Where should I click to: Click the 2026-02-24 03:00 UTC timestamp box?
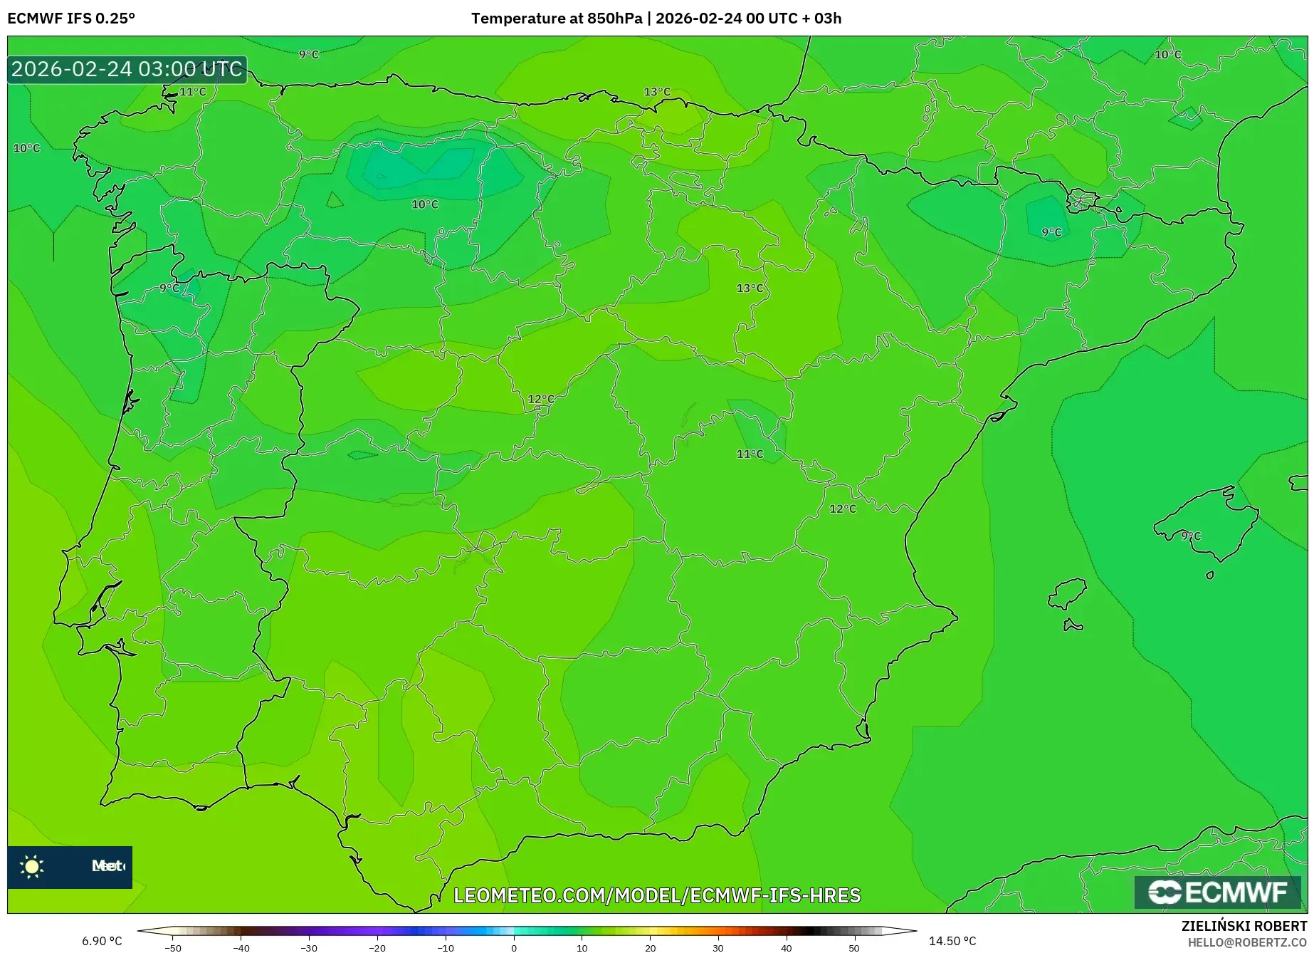pos(127,69)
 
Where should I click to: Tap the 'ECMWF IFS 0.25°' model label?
pos(71,19)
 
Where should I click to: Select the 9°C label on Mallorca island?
pos(1191,536)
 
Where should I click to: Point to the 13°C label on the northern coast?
pos(657,92)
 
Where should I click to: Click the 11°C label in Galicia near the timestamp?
pos(192,92)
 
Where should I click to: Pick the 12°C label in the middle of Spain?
pos(541,399)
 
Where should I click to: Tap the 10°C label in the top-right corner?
pos(1167,55)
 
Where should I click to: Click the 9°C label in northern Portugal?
pos(170,288)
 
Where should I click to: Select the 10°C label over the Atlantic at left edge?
pos(27,148)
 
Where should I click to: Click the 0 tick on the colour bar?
pos(514,947)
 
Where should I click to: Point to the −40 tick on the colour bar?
pos(241,947)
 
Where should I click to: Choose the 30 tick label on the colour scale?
pos(718,947)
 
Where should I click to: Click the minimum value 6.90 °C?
pos(102,941)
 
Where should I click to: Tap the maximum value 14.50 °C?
pos(952,941)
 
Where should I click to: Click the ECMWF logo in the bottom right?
pos(1218,892)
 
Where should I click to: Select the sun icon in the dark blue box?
pos(32,866)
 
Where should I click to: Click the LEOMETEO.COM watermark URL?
pos(657,895)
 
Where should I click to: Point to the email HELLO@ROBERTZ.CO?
pos(1246,942)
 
